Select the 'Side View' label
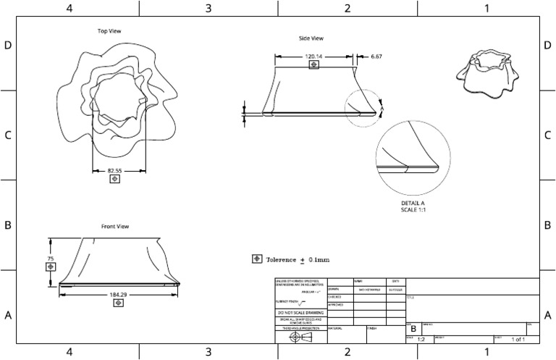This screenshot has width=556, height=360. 311,38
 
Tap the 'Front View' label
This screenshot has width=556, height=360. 115,227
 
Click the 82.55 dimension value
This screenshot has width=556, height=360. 114,171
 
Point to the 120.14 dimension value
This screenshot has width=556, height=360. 313,56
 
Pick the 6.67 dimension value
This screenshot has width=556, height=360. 376,56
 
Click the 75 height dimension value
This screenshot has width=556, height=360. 51,258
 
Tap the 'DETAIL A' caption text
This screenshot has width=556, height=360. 413,203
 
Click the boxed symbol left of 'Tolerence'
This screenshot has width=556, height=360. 256,259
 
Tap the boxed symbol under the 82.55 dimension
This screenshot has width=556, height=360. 114,180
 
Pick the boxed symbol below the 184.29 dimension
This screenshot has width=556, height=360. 117,304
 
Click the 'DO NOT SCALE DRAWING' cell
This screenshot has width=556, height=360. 300,312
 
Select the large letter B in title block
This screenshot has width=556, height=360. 413,329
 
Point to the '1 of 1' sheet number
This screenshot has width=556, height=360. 518,339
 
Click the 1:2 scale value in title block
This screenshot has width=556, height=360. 421,339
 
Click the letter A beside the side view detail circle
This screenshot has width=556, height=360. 382,108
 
